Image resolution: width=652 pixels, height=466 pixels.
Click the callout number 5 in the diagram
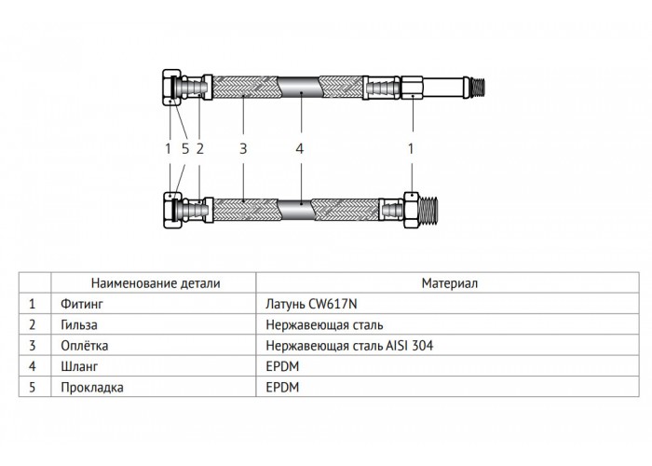[185, 148]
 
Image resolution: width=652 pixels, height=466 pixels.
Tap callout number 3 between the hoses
[243, 148]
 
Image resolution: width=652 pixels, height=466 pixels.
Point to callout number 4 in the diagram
[300, 148]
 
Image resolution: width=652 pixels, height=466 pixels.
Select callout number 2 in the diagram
[200, 148]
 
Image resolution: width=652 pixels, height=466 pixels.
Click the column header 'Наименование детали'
[156, 283]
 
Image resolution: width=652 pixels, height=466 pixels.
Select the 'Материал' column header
[450, 283]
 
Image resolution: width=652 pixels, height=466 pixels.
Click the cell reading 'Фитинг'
[82, 304]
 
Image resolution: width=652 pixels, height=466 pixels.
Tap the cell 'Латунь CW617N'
[311, 304]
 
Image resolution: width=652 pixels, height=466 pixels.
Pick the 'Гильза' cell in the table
[79, 324]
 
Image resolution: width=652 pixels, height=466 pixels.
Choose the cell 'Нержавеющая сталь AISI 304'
[349, 346]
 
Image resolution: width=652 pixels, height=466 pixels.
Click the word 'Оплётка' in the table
[85, 346]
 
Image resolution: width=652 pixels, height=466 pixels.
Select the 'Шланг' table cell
[79, 366]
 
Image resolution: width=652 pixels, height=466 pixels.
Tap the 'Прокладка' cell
[92, 388]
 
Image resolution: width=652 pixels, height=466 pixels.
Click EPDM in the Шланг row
[282, 366]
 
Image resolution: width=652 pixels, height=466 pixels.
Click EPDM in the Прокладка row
[282, 388]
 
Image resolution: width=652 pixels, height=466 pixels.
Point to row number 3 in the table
[33, 346]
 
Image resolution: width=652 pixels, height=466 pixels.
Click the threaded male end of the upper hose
[480, 88]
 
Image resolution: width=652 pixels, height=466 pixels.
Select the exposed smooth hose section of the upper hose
[300, 88]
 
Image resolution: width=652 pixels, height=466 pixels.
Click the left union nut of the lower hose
[170, 210]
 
